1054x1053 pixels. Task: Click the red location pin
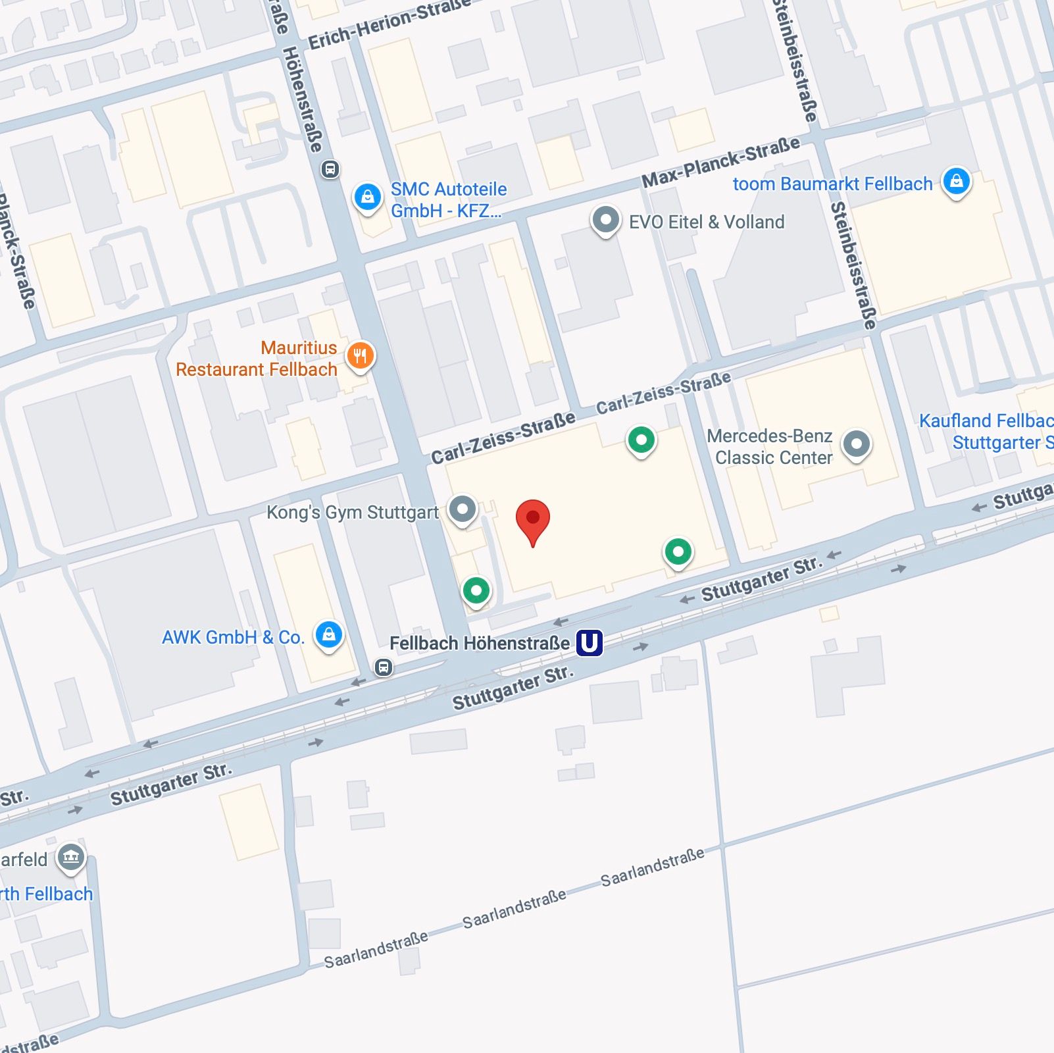click(x=533, y=519)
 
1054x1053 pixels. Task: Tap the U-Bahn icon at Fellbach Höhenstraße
click(x=590, y=642)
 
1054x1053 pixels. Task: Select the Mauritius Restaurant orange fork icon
click(x=360, y=356)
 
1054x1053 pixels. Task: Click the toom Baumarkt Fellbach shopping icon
click(x=956, y=180)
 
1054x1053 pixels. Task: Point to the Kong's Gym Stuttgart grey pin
click(x=463, y=509)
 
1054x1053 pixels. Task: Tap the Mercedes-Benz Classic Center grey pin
click(x=856, y=444)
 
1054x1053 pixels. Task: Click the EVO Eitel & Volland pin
click(x=605, y=220)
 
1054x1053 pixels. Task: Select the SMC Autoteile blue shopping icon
click(x=368, y=197)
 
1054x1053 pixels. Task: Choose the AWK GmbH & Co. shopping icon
click(x=329, y=634)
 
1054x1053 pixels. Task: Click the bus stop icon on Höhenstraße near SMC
click(x=330, y=170)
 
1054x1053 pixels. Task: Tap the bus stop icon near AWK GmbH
click(x=384, y=667)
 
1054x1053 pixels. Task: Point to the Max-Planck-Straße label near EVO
click(x=721, y=162)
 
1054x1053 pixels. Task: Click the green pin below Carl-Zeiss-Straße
click(x=641, y=440)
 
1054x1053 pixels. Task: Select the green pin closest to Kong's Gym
click(x=476, y=590)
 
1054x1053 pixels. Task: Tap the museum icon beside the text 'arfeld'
click(x=71, y=857)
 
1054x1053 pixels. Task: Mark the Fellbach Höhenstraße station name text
click(x=480, y=643)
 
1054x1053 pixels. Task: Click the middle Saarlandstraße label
click(x=514, y=909)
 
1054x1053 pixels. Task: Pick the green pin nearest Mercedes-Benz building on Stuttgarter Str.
click(x=678, y=552)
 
